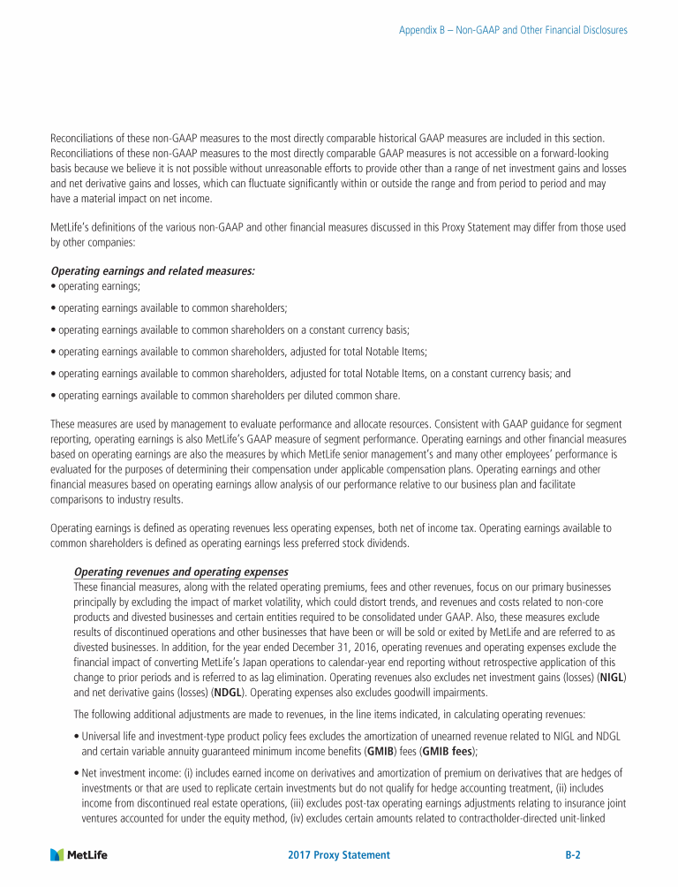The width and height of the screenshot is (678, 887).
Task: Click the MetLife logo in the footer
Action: pos(79,854)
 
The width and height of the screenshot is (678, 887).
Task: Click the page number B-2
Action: pos(578,855)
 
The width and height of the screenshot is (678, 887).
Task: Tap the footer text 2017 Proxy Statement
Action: pos(339,855)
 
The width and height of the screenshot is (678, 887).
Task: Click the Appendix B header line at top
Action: pos(513,30)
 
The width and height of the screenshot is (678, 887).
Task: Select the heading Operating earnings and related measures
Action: pos(152,272)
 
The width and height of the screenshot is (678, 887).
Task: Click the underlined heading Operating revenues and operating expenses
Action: pos(181,572)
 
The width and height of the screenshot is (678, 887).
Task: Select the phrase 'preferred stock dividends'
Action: pos(358,543)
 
